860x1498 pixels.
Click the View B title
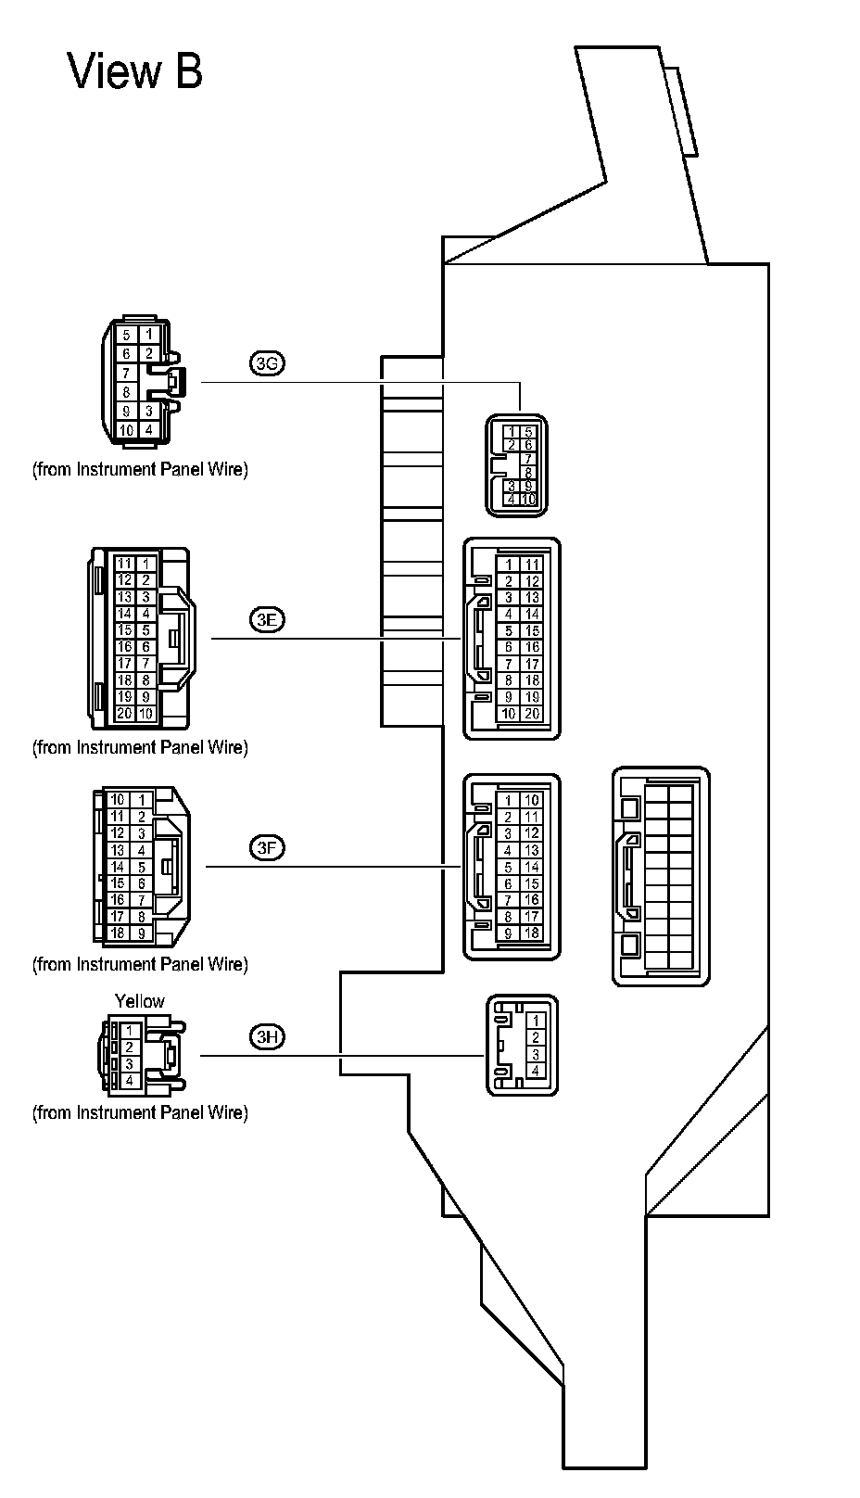click(135, 70)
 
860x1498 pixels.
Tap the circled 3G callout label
click(267, 363)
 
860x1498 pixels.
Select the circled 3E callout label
click(267, 620)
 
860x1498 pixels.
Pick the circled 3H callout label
click(267, 1036)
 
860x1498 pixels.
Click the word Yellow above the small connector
click(139, 1001)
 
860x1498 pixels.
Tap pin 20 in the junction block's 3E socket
click(532, 714)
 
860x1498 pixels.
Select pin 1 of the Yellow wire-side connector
click(130, 1030)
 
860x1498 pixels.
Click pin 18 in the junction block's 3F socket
click(531, 933)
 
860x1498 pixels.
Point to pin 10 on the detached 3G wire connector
click(126, 430)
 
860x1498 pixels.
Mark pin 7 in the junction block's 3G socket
click(528, 459)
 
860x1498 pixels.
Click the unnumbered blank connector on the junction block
click(661, 875)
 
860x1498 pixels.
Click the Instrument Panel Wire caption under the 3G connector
click(140, 469)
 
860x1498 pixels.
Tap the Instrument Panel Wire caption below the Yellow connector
click(140, 1112)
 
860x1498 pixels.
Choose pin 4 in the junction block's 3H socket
click(535, 1071)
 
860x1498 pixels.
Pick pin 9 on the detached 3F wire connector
click(142, 933)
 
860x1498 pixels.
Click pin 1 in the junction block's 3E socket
click(508, 565)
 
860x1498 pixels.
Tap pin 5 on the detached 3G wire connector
click(126, 336)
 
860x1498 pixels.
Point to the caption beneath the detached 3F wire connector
click(140, 964)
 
